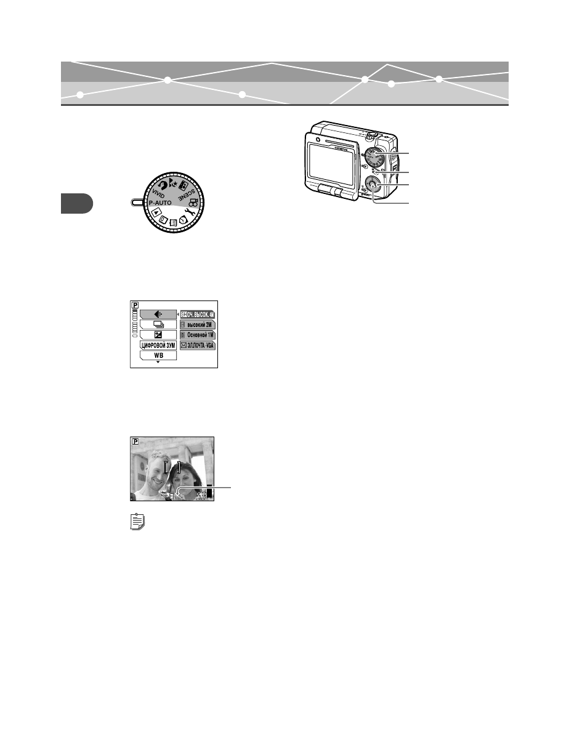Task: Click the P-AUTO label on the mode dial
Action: [x=167, y=201]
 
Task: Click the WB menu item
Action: [x=158, y=355]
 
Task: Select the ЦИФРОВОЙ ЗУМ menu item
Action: [x=158, y=345]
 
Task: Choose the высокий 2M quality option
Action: [x=197, y=324]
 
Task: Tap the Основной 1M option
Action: [x=197, y=334]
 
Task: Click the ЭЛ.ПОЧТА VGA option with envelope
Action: [x=197, y=345]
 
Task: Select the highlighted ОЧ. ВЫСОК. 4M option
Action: [x=197, y=313]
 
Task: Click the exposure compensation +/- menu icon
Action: [x=158, y=334]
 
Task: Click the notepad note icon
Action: [x=139, y=523]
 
